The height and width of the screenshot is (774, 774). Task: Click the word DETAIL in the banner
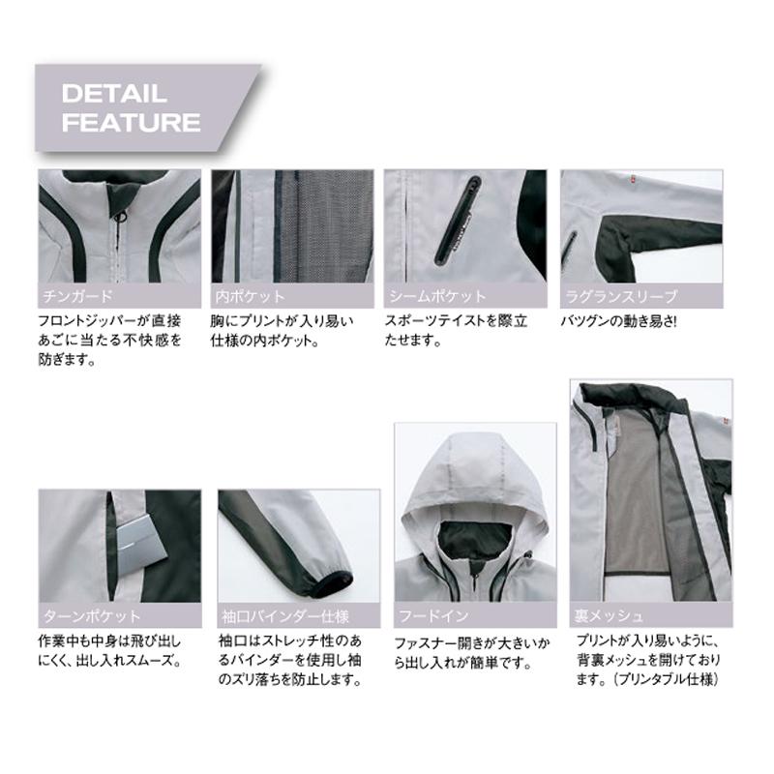point(114,95)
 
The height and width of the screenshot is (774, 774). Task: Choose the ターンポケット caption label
point(93,614)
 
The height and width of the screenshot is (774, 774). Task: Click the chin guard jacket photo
point(119,227)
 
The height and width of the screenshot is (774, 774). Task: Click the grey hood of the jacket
point(474,474)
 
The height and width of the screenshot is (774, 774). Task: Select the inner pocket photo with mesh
point(291,227)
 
